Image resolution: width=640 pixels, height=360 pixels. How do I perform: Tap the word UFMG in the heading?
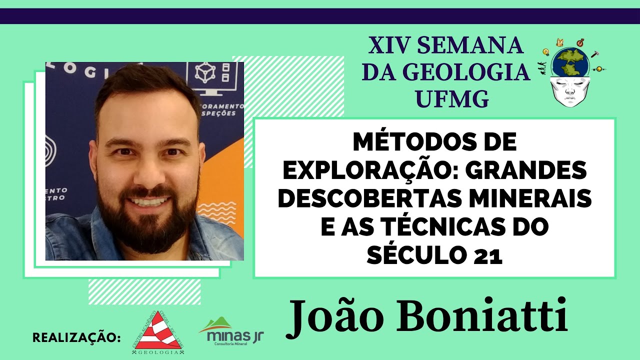446,99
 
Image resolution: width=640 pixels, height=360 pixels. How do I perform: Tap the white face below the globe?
570,90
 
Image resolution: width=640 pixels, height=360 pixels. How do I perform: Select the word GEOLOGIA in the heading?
446,73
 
